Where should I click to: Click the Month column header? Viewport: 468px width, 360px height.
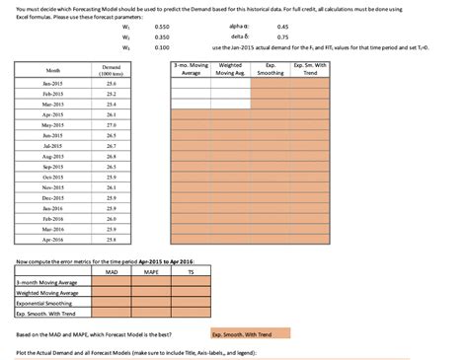pos(52,70)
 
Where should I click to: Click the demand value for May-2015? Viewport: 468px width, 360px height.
pos(112,125)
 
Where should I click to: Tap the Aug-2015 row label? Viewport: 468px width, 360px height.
pos(52,156)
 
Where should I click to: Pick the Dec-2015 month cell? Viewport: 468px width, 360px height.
pos(52,197)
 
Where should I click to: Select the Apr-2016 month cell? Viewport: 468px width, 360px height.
pos(52,239)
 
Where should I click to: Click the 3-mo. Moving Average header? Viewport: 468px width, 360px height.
pos(191,69)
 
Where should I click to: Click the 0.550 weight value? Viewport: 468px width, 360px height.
pos(163,26)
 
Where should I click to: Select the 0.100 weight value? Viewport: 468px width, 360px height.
pos(163,46)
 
